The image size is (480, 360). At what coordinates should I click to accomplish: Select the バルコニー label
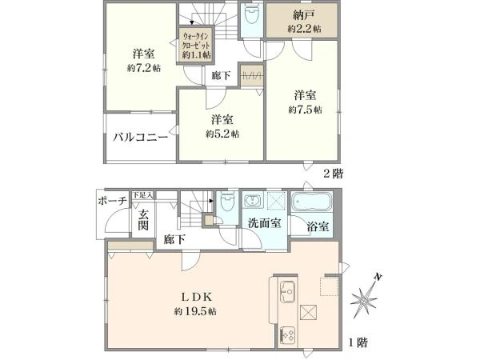(x=141, y=137)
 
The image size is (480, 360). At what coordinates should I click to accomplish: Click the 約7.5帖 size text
(x=305, y=110)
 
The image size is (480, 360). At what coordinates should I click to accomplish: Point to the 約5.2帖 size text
(x=222, y=134)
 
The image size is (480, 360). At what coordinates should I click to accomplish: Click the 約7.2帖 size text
(x=144, y=68)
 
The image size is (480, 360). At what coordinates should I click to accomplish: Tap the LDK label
(x=195, y=297)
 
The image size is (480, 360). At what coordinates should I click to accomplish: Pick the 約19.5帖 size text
(x=195, y=312)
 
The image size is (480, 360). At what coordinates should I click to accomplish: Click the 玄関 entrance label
(x=143, y=220)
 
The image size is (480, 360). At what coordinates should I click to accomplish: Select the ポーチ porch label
(x=112, y=201)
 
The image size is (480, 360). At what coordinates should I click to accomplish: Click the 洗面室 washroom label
(x=265, y=223)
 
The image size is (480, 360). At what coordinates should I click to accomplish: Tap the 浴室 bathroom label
(x=318, y=226)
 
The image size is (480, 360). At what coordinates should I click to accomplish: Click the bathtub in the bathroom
(x=312, y=202)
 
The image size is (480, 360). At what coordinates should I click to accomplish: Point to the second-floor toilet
(x=251, y=15)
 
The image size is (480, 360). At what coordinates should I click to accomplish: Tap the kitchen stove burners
(x=288, y=336)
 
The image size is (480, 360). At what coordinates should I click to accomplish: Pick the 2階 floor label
(x=334, y=174)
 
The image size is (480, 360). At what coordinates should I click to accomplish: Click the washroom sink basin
(x=253, y=201)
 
